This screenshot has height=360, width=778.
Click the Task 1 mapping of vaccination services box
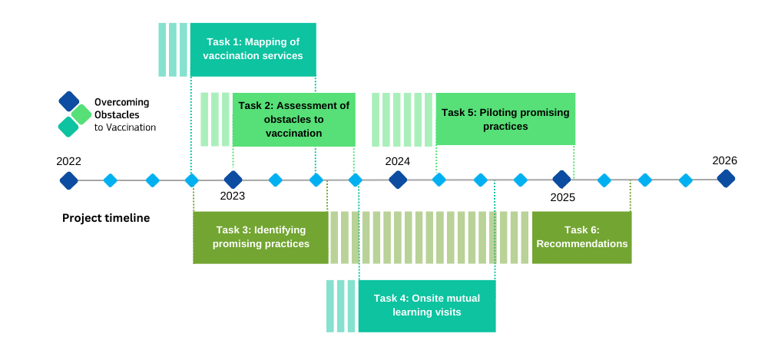253,50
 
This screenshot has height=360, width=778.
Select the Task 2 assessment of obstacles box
293,120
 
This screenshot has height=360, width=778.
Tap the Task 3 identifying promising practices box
260,237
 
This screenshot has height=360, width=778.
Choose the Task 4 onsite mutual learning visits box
426,306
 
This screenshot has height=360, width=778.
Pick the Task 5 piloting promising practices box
505,119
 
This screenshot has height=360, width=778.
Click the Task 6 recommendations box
581,237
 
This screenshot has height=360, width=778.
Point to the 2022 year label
68,161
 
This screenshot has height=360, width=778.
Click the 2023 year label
232,196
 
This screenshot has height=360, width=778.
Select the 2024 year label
397,161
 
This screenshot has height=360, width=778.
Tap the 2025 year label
562,197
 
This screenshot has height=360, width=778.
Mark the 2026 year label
724,160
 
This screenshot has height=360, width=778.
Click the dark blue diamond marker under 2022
69,180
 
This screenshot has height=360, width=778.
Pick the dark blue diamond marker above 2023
233,180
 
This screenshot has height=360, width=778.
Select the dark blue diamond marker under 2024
398,180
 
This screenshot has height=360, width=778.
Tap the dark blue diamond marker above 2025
562,179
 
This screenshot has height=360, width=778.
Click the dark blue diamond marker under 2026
726,179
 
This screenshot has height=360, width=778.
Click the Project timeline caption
106,218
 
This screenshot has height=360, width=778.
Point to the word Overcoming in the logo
121,102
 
